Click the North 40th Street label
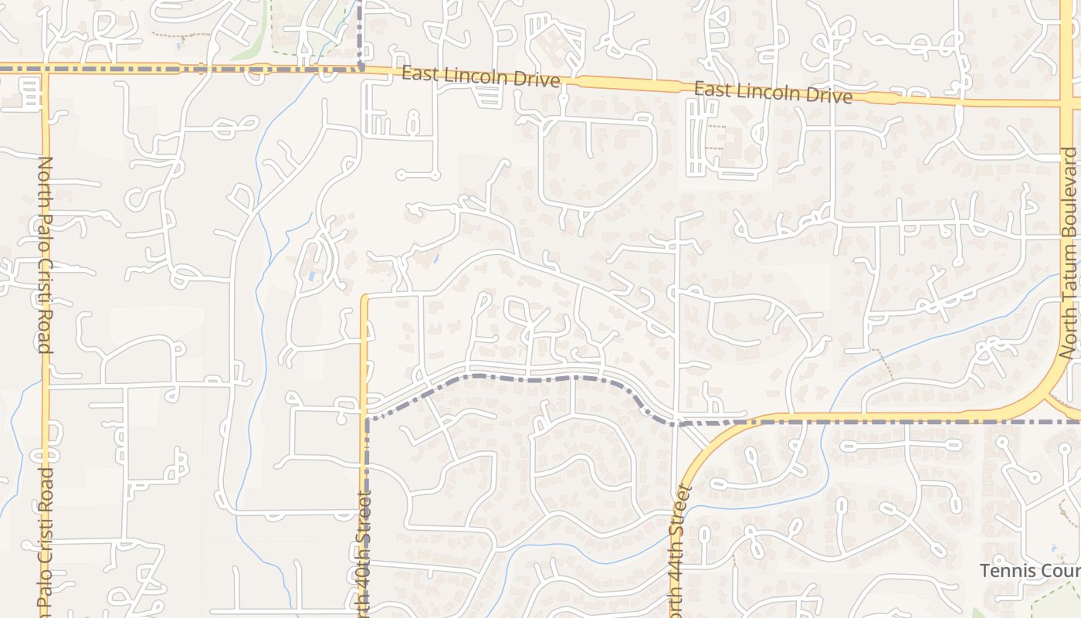[x=365, y=552]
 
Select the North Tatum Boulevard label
[x=1069, y=253]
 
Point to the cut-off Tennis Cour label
[x=1029, y=571]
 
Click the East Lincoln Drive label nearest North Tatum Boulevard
[x=773, y=93]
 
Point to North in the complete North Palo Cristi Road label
[x=45, y=178]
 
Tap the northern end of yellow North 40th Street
[x=365, y=297]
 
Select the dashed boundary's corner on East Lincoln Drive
[x=361, y=69]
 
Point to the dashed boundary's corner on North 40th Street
[x=367, y=419]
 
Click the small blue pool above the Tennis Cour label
[x=1054, y=548]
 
